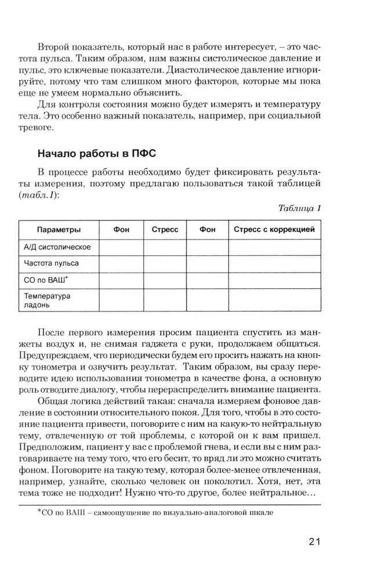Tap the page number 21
(x=314, y=542)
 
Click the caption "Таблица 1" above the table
(x=299, y=208)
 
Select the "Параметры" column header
(x=59, y=229)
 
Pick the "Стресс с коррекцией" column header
(x=274, y=229)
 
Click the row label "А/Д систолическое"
(x=57, y=247)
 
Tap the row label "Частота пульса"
(x=52, y=263)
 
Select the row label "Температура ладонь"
(x=47, y=299)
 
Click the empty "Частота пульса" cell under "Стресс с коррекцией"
(x=274, y=263)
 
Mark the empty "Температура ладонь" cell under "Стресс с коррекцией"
(x=274, y=299)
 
